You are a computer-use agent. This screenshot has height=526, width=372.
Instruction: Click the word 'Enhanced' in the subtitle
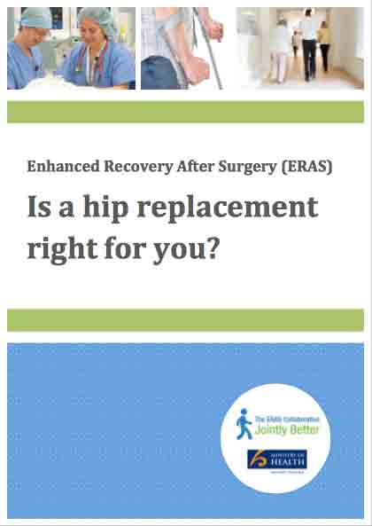pyautogui.click(x=59, y=166)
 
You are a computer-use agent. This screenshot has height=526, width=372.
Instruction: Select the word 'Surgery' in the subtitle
pyautogui.click(x=248, y=166)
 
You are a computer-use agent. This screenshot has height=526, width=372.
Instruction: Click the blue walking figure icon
pyautogui.click(x=244, y=423)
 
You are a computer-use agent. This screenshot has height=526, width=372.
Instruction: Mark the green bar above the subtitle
pyautogui.click(x=186, y=112)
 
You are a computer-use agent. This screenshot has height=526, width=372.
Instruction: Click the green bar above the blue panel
pyautogui.click(x=186, y=319)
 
